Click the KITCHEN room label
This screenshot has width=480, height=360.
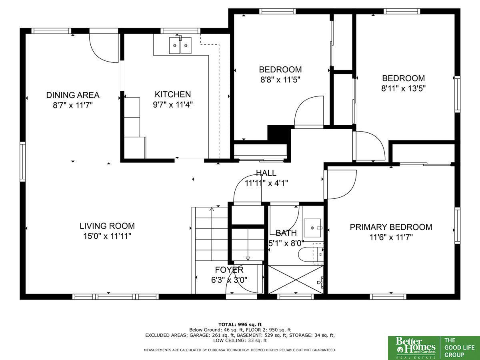[173, 94]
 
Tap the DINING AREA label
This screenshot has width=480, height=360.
[73, 95]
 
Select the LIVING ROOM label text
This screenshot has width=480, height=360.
[107, 226]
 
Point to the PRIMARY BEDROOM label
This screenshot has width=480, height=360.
[391, 227]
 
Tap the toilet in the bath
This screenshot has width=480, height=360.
[311, 254]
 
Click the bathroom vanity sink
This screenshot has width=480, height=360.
[312, 228]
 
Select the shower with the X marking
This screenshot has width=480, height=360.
[296, 280]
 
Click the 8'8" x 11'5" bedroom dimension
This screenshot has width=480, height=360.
[280, 80]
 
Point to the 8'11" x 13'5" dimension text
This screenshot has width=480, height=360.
[404, 88]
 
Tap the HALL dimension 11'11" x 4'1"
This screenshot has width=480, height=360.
[266, 183]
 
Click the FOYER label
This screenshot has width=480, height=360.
[229, 270]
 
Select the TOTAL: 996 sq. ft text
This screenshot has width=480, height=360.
[240, 324]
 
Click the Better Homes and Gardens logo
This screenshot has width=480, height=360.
[414, 348]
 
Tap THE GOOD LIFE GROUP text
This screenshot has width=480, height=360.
[459, 347]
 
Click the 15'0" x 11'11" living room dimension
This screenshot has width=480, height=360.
[107, 236]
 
